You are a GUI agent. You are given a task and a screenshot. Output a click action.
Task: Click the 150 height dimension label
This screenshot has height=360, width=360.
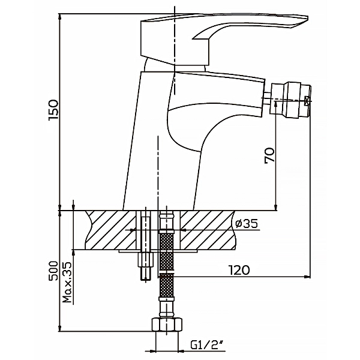coord(53,110)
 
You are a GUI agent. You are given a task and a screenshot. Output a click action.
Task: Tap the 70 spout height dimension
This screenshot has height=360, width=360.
coord(269,155)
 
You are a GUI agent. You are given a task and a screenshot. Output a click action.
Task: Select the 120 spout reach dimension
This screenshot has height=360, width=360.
coord(239,270)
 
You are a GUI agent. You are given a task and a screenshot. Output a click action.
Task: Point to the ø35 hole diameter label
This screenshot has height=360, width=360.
coord(247,223)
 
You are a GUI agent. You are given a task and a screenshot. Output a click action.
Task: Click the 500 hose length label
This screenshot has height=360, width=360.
coord(53,271)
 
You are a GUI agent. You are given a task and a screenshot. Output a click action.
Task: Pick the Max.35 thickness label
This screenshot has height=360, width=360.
coord(67,282)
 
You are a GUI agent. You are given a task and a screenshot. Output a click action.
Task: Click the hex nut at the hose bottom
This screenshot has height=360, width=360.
coord(167,325)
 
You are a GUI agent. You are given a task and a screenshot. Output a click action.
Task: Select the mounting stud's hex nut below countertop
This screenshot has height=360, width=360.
coord(144,259)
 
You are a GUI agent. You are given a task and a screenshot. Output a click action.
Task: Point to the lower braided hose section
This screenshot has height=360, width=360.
coord(166,286)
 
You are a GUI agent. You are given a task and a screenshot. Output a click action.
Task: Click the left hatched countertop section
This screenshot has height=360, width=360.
coord(111,230)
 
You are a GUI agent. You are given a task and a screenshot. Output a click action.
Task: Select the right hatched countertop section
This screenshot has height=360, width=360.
coord(208,230)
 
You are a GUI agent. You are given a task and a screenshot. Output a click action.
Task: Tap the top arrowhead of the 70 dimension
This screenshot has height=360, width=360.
coord(276,104)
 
